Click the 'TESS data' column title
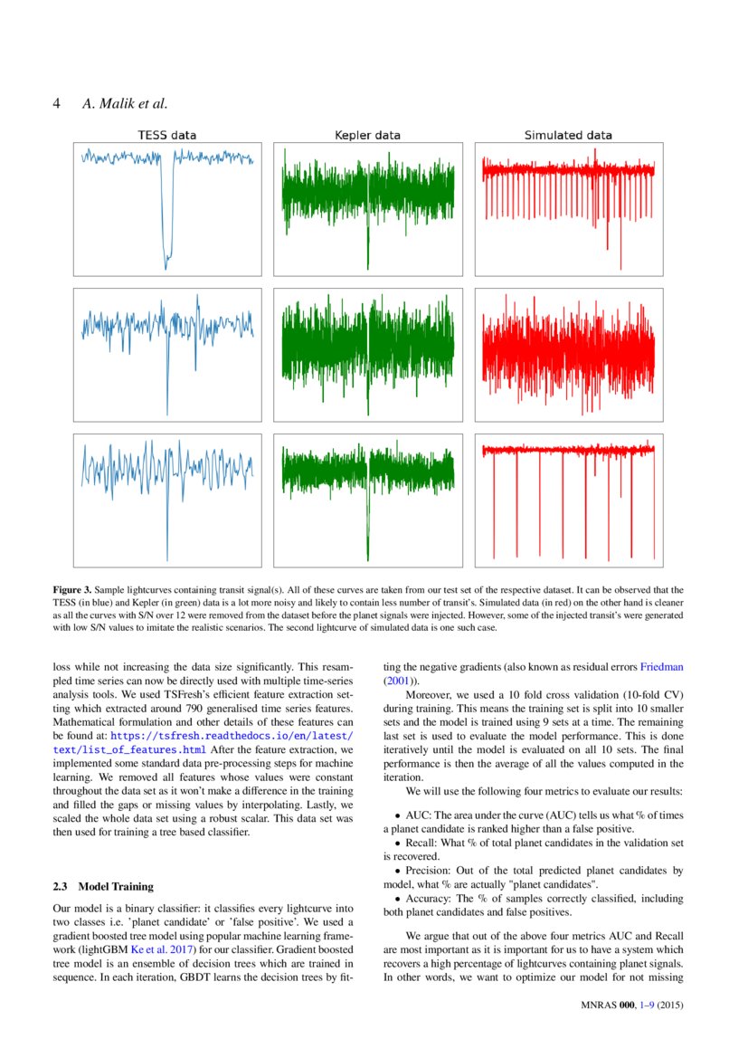tap(166, 135)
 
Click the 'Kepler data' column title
tap(367, 135)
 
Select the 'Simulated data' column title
tap(568, 135)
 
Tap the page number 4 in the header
tap(57, 103)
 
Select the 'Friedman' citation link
tap(662, 667)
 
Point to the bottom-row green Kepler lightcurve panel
tap(367, 500)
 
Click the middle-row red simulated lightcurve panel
tap(568, 354)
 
